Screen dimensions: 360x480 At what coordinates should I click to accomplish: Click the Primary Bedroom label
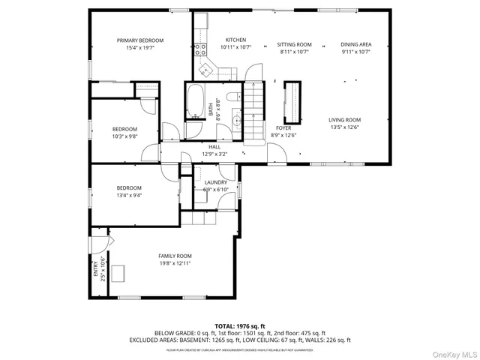pos(139,40)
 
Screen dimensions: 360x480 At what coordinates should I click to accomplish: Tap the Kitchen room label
pos(235,40)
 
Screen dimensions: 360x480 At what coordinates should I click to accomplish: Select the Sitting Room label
pos(293,45)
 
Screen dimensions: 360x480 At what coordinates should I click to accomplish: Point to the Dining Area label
pos(355,45)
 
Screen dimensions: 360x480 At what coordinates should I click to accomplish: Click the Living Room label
pos(345,120)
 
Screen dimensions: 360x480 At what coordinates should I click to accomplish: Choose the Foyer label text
pos(283,128)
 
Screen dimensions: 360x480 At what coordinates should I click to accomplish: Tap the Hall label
pos(214,147)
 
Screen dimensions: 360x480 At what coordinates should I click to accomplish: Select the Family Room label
pos(174,256)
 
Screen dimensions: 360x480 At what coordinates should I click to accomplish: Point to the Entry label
pos(96,267)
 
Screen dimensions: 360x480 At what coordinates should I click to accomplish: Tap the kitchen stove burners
pos(201,51)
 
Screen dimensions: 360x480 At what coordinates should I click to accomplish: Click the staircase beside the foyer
pos(257,98)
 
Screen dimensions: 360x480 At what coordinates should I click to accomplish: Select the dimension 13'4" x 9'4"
pos(128,195)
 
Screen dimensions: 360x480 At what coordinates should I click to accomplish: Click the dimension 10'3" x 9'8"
pos(124,136)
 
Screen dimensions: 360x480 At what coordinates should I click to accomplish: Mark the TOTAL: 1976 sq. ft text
pos(240,325)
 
